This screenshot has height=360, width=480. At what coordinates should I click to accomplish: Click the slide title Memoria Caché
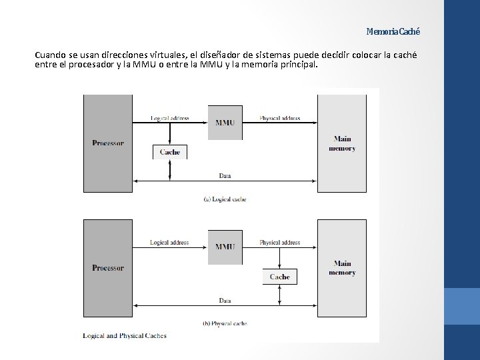[x=393, y=31]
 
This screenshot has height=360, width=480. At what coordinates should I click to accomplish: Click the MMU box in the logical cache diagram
[x=225, y=122]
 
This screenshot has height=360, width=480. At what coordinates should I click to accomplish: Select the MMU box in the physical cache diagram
[x=225, y=246]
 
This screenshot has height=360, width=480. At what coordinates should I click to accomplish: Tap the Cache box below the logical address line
[x=170, y=152]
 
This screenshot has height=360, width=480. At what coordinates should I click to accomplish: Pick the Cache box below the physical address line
[x=279, y=276]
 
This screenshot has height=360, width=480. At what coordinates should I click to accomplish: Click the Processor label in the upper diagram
[x=107, y=143]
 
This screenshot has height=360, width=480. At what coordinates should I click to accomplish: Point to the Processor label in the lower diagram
[x=107, y=267]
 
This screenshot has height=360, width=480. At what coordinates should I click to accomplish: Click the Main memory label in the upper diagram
[x=341, y=143]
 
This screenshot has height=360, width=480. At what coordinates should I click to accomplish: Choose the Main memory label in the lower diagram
[x=341, y=268]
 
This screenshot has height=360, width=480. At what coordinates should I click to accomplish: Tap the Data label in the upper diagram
[x=225, y=175]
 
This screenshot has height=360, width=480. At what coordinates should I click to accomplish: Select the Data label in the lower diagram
[x=225, y=301]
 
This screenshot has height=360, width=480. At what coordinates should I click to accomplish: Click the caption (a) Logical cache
[x=225, y=199]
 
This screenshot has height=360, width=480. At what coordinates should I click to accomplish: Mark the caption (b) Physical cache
[x=225, y=323]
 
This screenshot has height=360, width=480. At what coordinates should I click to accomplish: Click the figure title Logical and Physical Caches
[x=125, y=335]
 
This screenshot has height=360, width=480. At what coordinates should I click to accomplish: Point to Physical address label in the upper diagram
[x=279, y=119]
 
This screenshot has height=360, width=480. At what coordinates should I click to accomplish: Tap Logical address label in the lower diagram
[x=169, y=243]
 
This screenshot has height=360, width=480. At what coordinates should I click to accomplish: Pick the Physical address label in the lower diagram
[x=279, y=243]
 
